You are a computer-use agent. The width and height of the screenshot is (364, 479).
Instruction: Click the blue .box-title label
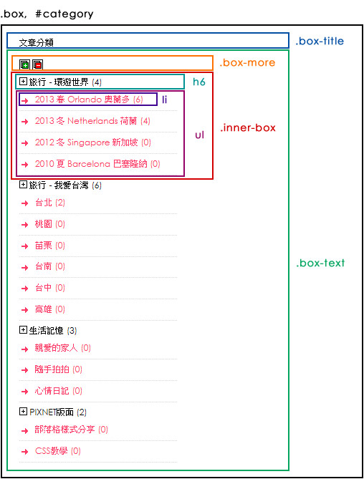tap(320, 41)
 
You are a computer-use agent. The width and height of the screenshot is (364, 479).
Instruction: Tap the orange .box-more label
tap(247, 62)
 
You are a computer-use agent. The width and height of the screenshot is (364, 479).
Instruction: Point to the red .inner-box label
tap(248, 127)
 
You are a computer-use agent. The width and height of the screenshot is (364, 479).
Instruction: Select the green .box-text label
tap(320, 263)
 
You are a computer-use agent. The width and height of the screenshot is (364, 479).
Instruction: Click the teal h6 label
tap(199, 82)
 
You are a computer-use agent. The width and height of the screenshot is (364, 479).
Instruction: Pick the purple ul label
tap(200, 135)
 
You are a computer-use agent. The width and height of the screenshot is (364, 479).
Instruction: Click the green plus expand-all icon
tap(25, 64)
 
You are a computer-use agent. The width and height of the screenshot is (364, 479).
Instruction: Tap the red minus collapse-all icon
tap(37, 64)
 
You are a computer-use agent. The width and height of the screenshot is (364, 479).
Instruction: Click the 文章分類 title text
tap(36, 42)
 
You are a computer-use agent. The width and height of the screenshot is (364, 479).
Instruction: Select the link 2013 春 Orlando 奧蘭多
tap(82, 100)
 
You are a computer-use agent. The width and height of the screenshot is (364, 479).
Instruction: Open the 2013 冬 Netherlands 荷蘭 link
tap(86, 121)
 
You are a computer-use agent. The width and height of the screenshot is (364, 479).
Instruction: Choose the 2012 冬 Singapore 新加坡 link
tap(86, 142)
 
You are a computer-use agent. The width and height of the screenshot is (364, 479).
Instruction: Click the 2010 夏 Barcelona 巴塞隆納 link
tap(91, 164)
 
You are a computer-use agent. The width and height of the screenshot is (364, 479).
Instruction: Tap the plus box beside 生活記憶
tap(23, 330)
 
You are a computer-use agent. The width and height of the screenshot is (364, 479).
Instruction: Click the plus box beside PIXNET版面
tap(23, 412)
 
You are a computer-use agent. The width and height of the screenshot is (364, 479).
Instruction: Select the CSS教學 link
tap(52, 451)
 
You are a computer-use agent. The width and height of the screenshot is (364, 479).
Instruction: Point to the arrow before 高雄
tap(25, 310)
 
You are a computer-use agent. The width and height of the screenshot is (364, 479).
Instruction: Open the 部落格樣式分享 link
tap(64, 430)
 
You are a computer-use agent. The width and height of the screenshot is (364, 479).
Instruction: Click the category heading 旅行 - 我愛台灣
tap(59, 185)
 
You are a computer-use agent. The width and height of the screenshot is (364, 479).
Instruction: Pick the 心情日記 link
tap(52, 391)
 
